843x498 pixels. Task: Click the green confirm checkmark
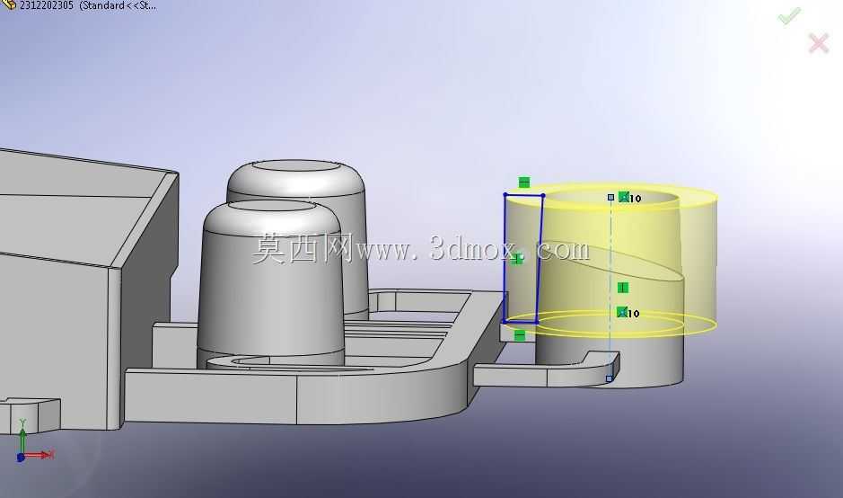789,15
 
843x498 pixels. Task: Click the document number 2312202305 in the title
47,5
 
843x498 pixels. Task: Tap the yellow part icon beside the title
9,4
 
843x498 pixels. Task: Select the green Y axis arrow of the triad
22,436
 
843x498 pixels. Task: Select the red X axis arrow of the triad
38,455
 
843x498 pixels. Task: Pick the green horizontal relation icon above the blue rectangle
524,182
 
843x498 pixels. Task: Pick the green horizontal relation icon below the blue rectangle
519,335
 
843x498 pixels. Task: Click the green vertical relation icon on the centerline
622,288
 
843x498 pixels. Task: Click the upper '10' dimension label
635,199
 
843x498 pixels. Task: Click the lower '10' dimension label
633,314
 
